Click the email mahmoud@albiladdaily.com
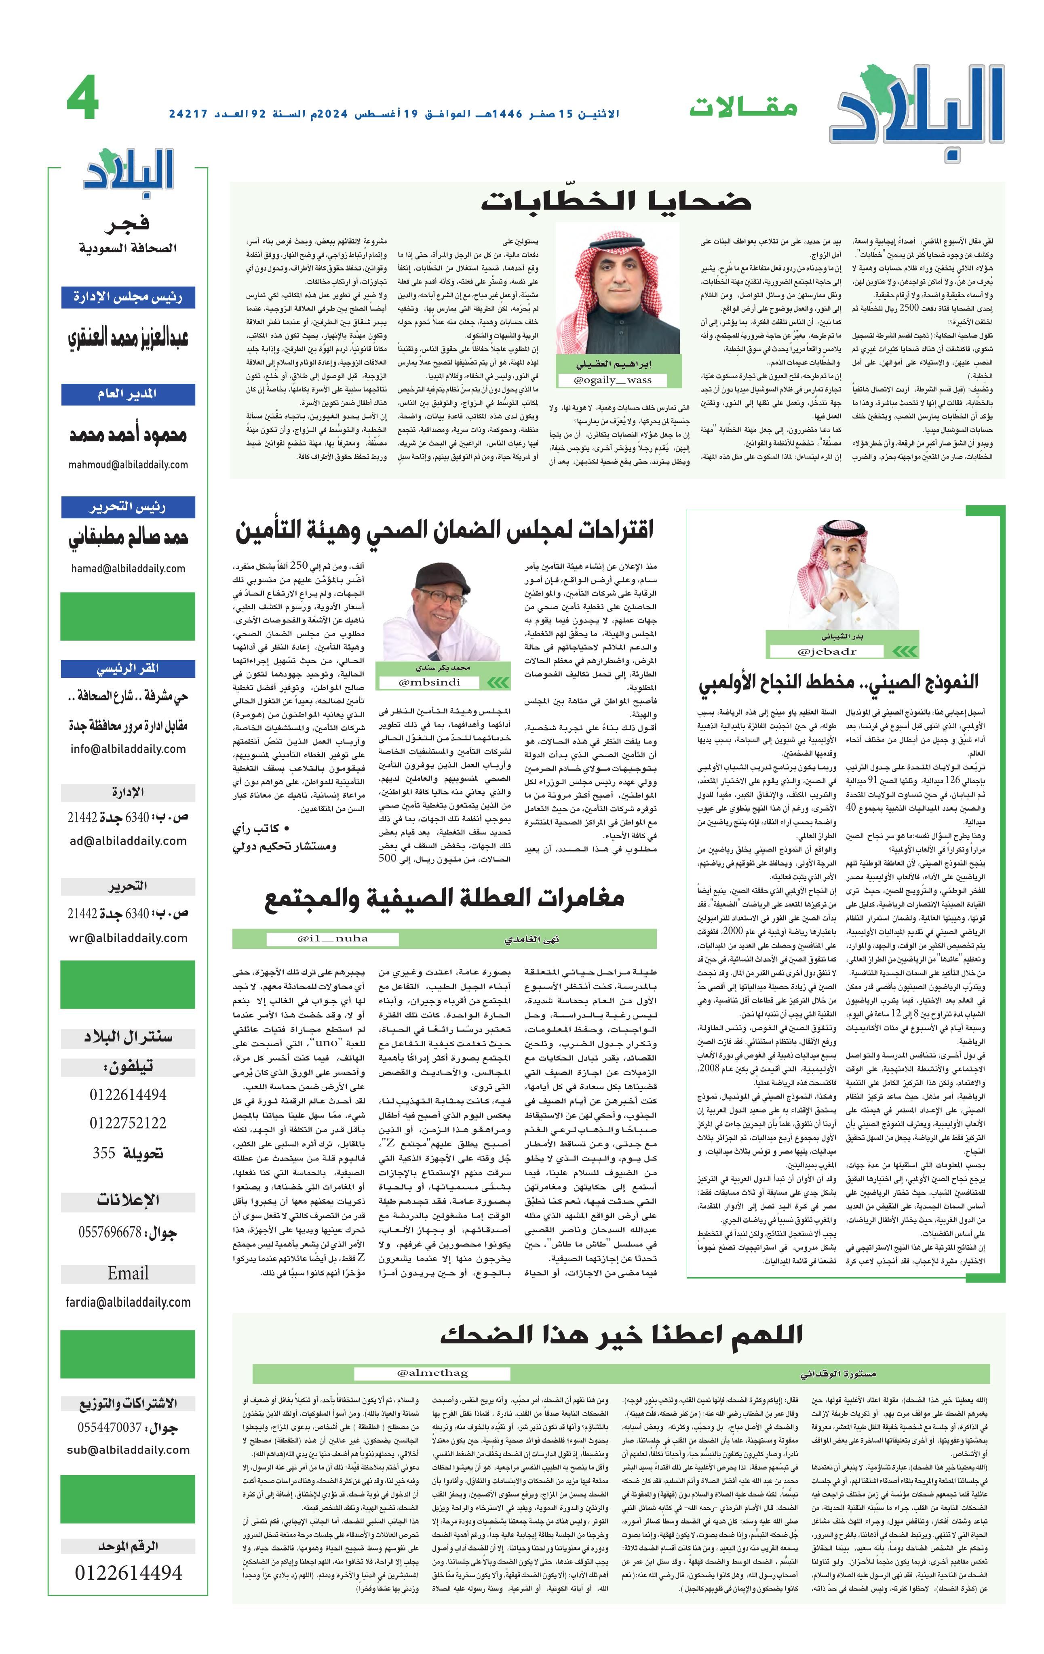click(128, 464)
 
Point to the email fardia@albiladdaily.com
click(128, 1302)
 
